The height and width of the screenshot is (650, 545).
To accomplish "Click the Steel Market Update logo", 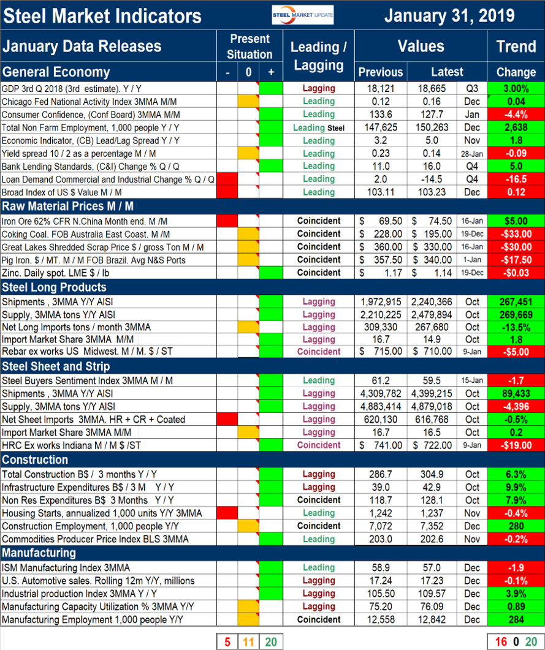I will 303,15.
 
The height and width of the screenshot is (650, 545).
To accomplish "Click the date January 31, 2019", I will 449,15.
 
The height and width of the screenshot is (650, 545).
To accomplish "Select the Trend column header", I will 516,46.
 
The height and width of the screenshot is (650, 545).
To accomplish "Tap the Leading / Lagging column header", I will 318,55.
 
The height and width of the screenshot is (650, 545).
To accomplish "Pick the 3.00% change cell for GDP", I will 516,88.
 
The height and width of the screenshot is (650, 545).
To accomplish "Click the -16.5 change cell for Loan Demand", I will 516,179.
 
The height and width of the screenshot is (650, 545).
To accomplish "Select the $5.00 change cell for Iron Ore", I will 516,221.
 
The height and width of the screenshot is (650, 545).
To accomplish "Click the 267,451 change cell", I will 516,301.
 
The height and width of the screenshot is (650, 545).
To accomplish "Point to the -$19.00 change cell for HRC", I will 516,445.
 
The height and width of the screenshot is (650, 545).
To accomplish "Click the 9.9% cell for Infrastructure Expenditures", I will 516,487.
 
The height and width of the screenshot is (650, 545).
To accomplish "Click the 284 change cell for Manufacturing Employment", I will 516,619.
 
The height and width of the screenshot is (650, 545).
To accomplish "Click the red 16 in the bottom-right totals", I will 500,641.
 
